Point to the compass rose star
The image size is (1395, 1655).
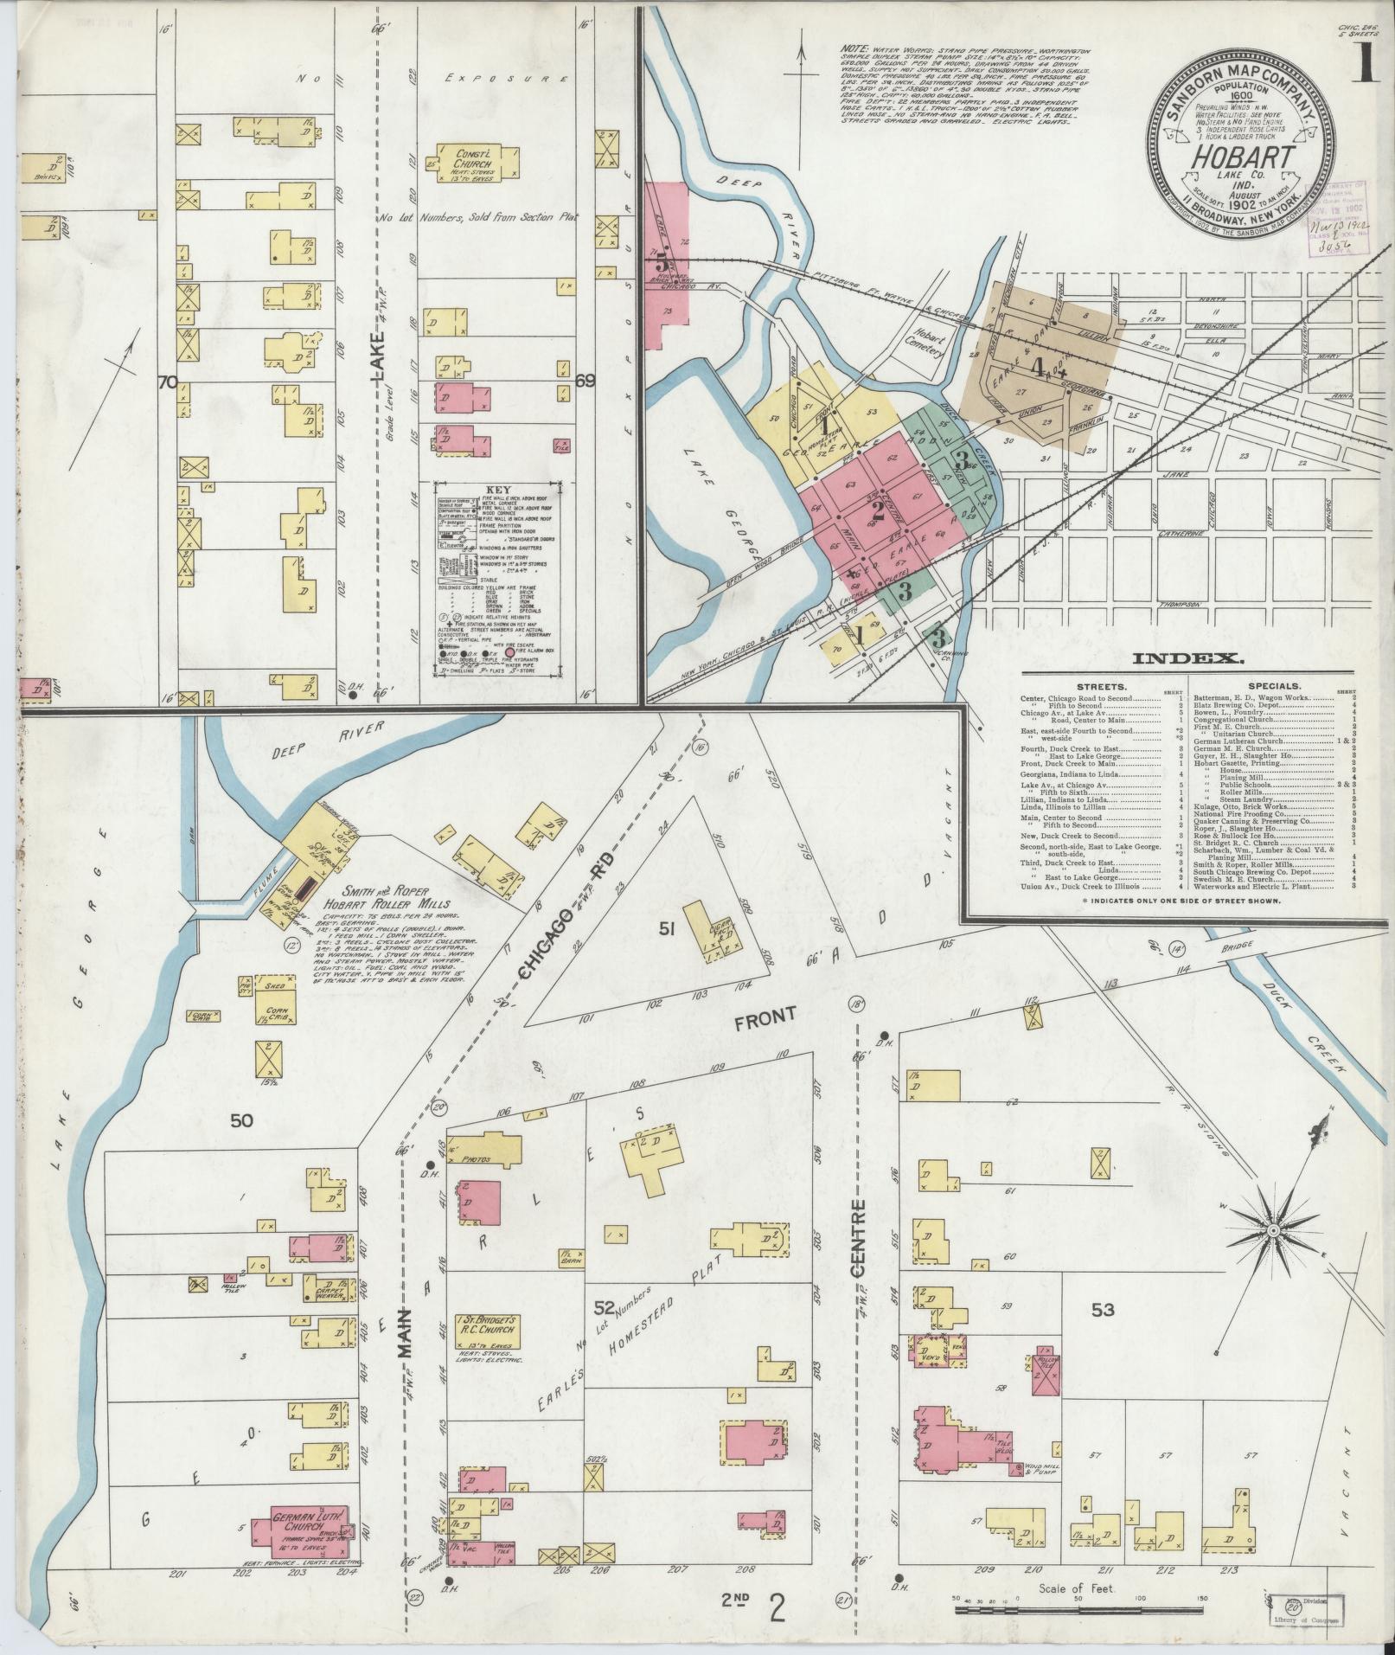pyautogui.click(x=1273, y=1229)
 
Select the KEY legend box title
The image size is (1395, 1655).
pyautogui.click(x=497, y=489)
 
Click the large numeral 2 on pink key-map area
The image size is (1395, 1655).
pyautogui.click(x=877, y=510)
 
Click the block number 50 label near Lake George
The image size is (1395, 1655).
pyautogui.click(x=242, y=1120)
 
